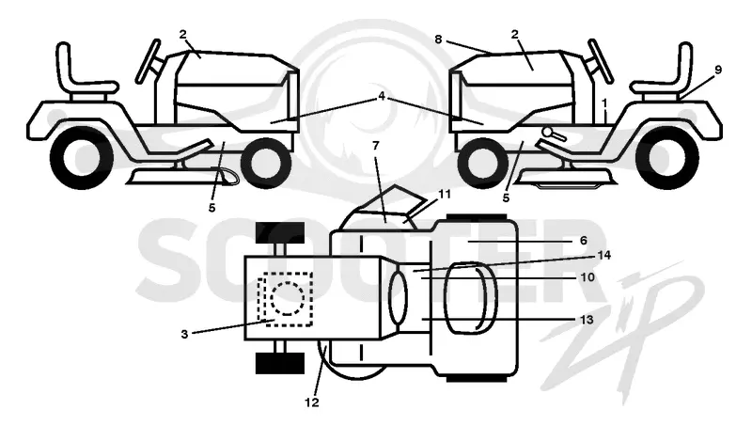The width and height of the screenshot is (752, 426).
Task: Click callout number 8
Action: pyautogui.click(x=438, y=39)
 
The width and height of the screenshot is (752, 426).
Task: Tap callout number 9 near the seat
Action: pyautogui.click(x=718, y=70)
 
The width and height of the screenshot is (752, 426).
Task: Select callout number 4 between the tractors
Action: pyautogui.click(x=382, y=97)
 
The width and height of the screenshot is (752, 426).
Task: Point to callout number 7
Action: pyautogui.click(x=375, y=146)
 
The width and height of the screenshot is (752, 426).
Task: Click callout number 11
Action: pyautogui.click(x=444, y=194)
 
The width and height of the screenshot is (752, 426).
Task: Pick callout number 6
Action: pyautogui.click(x=583, y=241)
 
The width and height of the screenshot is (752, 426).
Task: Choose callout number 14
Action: pyautogui.click(x=603, y=255)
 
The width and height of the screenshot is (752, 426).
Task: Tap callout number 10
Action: pyautogui.click(x=587, y=277)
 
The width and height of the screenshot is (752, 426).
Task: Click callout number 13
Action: pyautogui.click(x=587, y=320)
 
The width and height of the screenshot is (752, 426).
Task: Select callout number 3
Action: pyautogui.click(x=184, y=334)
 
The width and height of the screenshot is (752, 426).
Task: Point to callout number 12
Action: pyautogui.click(x=312, y=402)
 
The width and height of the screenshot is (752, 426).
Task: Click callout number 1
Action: pyautogui.click(x=604, y=103)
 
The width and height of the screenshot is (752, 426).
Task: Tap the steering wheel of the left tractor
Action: pyautogui.click(x=148, y=61)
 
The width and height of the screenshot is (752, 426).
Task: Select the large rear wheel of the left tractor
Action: pyautogui.click(x=82, y=156)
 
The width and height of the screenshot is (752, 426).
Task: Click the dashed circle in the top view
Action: pyautogui.click(x=288, y=298)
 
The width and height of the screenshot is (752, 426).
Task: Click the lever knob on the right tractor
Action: pyautogui.click(x=548, y=132)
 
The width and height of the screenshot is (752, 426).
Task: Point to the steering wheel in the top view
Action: pyautogui.click(x=398, y=296)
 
